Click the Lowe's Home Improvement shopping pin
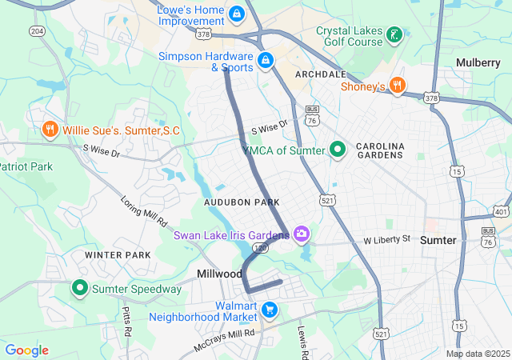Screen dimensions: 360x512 pos(236,14)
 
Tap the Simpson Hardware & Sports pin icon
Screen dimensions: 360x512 pos(265,59)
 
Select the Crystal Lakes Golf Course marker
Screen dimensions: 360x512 pos(394,34)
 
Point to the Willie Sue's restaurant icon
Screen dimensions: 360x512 pos(50,130)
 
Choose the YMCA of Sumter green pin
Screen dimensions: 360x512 pos(338,149)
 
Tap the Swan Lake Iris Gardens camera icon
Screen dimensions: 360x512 pos(302,234)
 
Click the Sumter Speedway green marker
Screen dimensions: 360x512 pos(80,287)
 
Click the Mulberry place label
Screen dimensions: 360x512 pos(478,62)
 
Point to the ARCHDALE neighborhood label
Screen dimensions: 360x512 pos(320,73)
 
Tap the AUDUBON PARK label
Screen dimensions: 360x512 pos(242,203)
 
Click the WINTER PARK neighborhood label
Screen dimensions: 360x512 pos(118,255)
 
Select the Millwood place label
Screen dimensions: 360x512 pos(219,274)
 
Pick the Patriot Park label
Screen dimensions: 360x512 pos(26,166)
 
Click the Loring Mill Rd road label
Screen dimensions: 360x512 pos(144,211)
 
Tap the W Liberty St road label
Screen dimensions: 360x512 pos(386,239)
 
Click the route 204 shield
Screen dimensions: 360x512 pos(37,31)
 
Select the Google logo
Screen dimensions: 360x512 pos(26,350)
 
